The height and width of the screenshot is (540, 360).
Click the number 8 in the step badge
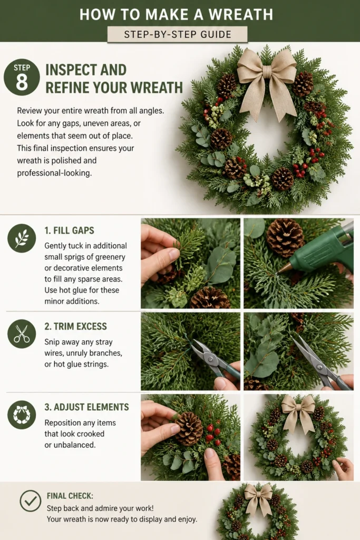click(x=22, y=82)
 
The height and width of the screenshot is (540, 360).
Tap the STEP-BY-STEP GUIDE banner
click(x=177, y=34)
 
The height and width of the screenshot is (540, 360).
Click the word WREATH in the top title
click(x=241, y=15)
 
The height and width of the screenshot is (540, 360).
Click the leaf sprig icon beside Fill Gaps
click(x=22, y=238)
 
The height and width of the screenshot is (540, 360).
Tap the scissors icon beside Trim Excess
click(x=22, y=334)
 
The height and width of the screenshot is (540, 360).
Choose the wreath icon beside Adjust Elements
click(x=22, y=414)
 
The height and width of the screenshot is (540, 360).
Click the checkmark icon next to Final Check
click(x=30, y=501)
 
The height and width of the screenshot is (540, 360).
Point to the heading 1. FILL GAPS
click(x=69, y=230)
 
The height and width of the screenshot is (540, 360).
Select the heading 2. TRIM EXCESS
click(x=76, y=326)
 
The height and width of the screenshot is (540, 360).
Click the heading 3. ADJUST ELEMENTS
click(x=87, y=407)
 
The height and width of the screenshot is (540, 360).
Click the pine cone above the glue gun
click(x=285, y=238)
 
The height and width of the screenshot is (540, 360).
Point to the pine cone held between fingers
click(x=189, y=428)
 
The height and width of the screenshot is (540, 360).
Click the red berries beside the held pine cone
click(x=212, y=433)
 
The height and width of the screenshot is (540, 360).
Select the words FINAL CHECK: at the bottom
click(x=70, y=496)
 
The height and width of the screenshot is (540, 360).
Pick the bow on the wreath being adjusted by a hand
click(x=298, y=411)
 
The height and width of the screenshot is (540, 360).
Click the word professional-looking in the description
click(x=54, y=173)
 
